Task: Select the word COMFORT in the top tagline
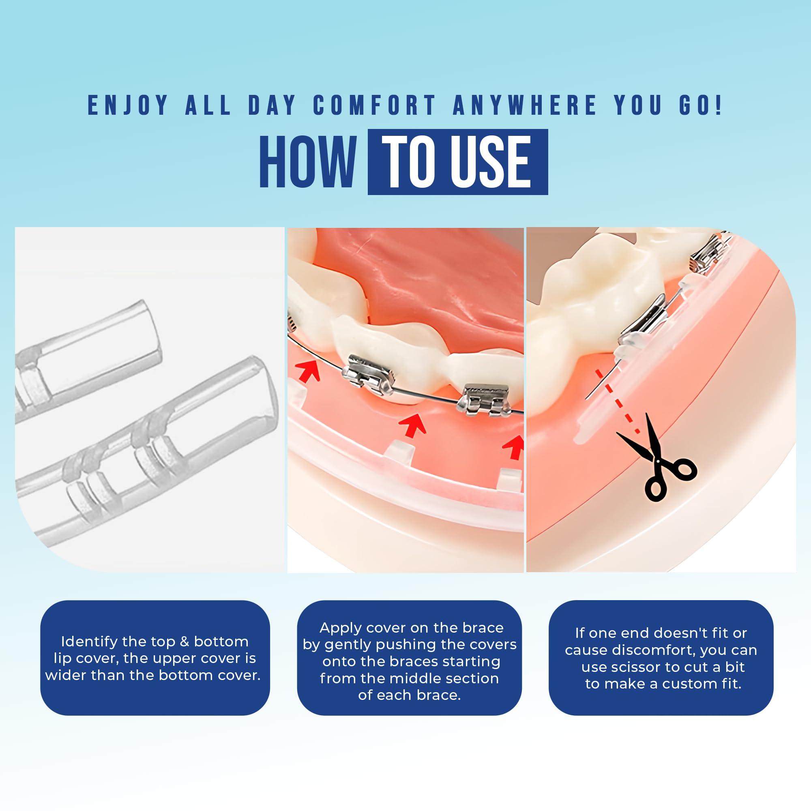click(x=374, y=105)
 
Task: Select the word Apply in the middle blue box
click(x=341, y=639)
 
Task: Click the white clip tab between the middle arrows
click(x=400, y=451)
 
